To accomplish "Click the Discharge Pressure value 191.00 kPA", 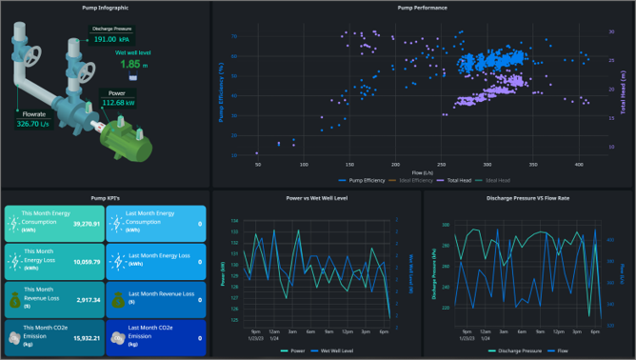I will (x=110, y=40).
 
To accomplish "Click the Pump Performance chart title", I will (x=422, y=8).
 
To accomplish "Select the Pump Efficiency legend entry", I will (x=364, y=179).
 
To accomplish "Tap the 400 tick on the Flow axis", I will (x=579, y=164).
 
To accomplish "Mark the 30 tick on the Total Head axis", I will (x=610, y=30).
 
